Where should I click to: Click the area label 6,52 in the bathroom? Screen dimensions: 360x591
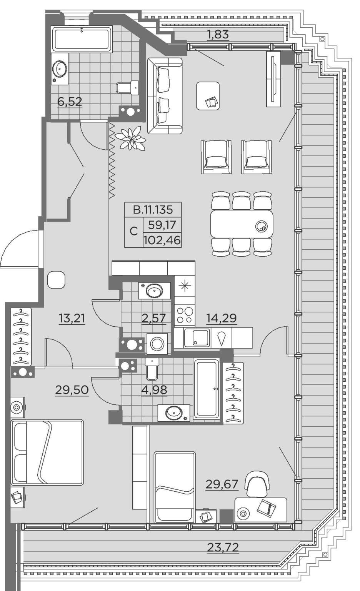coord(70,102)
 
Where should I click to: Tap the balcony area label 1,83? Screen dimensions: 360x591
coord(218,35)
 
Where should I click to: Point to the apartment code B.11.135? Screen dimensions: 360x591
coord(153,210)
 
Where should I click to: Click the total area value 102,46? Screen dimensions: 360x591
coord(162,240)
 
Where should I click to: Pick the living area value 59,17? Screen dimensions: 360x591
coord(162,225)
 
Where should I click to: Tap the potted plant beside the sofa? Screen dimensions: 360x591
coord(131,138)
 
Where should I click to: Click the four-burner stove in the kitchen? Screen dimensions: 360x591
coord(185,315)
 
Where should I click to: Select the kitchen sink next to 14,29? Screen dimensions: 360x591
coord(197,337)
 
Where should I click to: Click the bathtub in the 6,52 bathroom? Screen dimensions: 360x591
coord(82,39)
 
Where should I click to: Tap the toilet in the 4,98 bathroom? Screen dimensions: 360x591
coord(152,369)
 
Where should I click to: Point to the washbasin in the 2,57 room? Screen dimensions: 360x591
coord(154,290)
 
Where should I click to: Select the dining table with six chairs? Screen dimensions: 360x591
coord(242,224)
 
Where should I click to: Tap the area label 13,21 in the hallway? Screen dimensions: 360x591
coord(72,319)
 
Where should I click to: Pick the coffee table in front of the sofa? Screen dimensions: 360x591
coord(208,96)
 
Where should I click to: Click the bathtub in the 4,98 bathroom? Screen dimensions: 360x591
coord(207,389)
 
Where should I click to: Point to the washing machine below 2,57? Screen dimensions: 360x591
coord(157,344)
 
